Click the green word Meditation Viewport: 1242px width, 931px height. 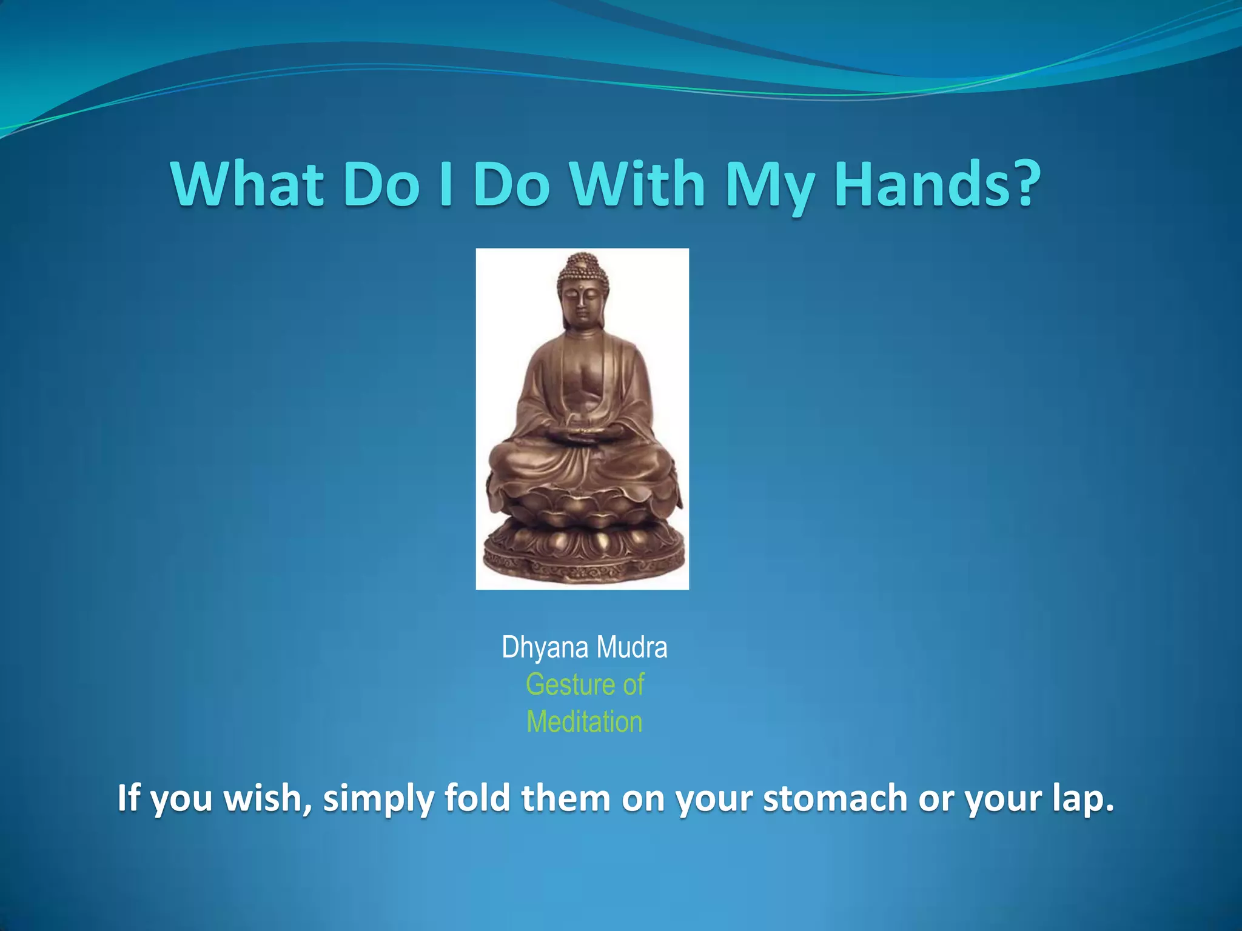tap(584, 722)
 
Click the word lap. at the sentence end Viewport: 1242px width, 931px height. tap(1083, 799)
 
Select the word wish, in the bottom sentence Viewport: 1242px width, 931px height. tap(267, 798)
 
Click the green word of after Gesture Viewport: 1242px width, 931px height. tap(633, 685)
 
